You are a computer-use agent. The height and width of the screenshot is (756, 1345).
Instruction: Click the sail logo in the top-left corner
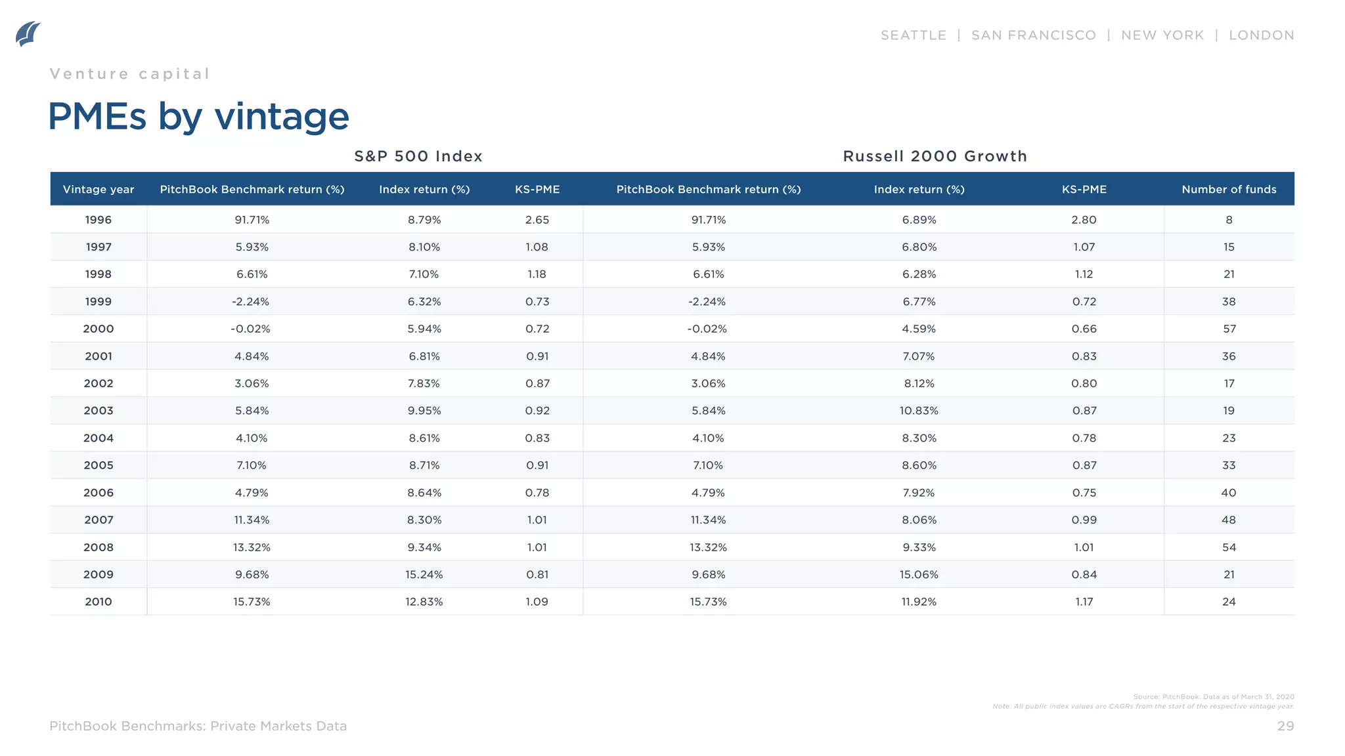[x=28, y=34]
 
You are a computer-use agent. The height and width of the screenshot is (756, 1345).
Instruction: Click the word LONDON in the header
[x=1261, y=35]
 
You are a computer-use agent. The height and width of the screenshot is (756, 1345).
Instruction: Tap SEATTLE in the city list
[x=913, y=35]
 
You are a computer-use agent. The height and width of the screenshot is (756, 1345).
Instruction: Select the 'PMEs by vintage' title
[x=198, y=117]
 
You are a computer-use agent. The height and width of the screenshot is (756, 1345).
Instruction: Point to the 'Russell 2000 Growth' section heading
[x=935, y=156]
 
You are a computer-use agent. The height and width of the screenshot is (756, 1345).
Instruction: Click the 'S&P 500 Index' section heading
[x=418, y=156]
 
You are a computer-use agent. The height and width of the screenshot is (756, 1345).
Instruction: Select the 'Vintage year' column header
[x=99, y=190]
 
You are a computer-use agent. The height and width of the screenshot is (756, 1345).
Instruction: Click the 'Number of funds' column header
[x=1229, y=190]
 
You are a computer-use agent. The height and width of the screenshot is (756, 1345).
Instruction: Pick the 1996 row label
[x=99, y=220]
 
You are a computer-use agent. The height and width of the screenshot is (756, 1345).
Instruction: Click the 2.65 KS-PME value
[x=537, y=220]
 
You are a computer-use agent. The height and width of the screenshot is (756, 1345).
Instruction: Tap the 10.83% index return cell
[x=919, y=411]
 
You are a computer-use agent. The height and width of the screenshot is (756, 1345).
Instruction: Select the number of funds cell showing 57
[x=1229, y=329]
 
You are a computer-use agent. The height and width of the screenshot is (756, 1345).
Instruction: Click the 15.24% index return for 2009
[x=424, y=575]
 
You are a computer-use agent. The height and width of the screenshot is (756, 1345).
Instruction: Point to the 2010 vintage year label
[x=99, y=602]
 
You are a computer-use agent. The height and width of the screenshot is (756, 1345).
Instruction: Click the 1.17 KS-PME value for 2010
[x=1084, y=602]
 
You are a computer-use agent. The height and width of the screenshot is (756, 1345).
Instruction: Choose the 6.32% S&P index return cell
[x=424, y=302]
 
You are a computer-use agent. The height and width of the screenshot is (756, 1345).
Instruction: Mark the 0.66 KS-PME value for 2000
[x=1084, y=329]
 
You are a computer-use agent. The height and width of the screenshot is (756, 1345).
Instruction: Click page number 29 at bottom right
[x=1285, y=726]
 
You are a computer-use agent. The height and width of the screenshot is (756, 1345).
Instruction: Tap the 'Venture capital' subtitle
[x=130, y=74]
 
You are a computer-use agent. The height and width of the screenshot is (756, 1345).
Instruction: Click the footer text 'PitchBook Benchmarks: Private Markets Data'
[x=198, y=726]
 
